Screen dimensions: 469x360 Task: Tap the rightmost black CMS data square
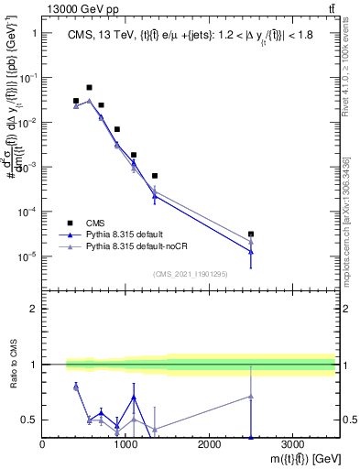tap(251, 234)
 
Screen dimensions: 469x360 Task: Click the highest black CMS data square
tap(89, 88)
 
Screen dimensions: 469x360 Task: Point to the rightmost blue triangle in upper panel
tap(251, 251)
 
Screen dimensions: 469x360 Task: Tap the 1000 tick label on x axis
tap(125, 444)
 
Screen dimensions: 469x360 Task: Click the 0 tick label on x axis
tap(43, 444)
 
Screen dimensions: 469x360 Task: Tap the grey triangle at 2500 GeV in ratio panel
tap(251, 397)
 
